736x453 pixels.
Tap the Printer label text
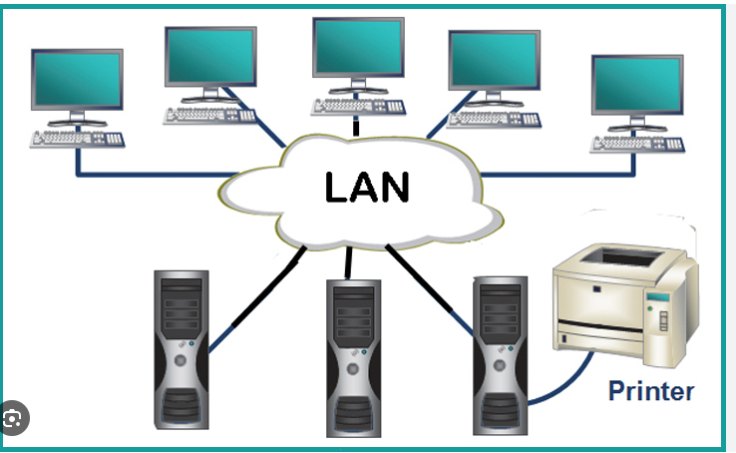pyautogui.click(x=650, y=390)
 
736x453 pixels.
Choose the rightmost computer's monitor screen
pyautogui.click(x=636, y=88)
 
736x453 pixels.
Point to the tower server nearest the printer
pyautogui.click(x=500, y=354)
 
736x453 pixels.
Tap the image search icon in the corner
pyautogui.click(x=13, y=419)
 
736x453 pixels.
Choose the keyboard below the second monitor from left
pyautogui.click(x=209, y=115)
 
